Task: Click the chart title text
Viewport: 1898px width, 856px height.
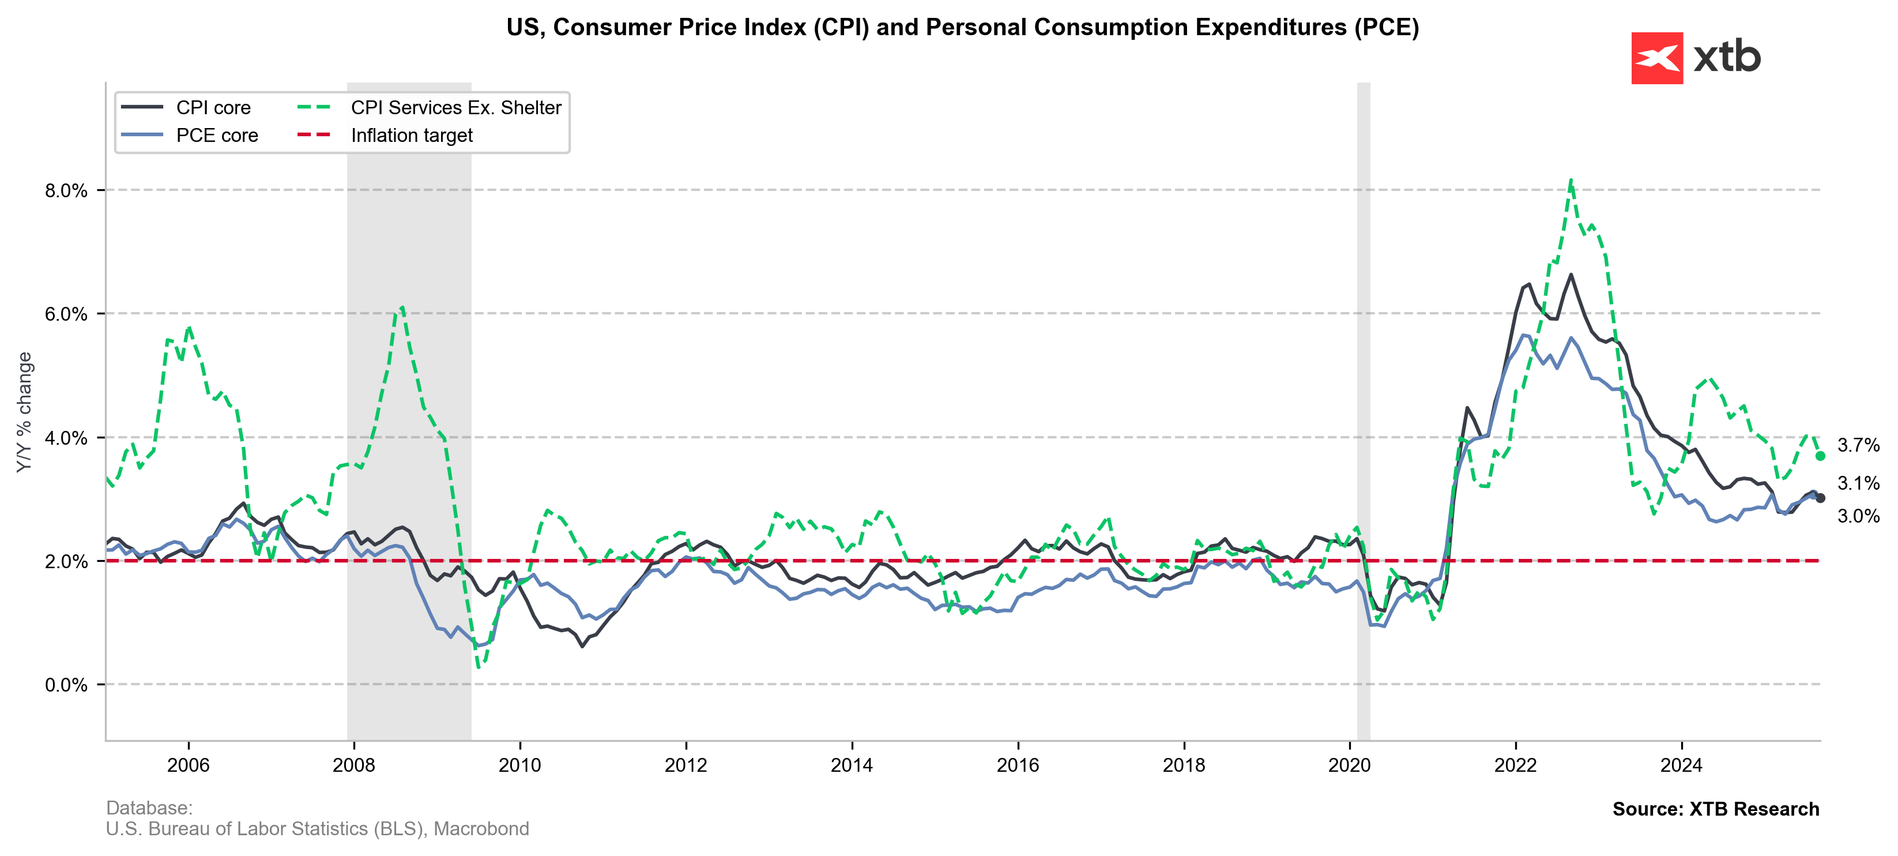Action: click(962, 27)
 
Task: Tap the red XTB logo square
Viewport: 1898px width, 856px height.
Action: click(1657, 58)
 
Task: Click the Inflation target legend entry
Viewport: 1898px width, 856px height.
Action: click(411, 136)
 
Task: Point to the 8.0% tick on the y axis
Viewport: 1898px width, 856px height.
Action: click(66, 190)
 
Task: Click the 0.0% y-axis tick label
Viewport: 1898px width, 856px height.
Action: click(66, 685)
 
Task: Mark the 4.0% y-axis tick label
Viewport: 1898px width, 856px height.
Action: click(66, 438)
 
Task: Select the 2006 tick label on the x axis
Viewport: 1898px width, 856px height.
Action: click(188, 765)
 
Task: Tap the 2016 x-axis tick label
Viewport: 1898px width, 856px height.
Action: click(1018, 765)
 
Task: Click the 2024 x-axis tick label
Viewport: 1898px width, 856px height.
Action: click(1681, 765)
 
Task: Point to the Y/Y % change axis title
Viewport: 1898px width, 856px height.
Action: click(24, 412)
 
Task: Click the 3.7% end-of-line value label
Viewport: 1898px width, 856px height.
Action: click(1858, 445)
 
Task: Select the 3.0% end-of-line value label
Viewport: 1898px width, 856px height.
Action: click(1858, 516)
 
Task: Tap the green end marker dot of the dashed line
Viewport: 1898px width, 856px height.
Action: click(1821, 456)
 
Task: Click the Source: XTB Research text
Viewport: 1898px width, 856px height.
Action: click(1715, 809)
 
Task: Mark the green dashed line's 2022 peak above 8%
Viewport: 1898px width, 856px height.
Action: click(1571, 181)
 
